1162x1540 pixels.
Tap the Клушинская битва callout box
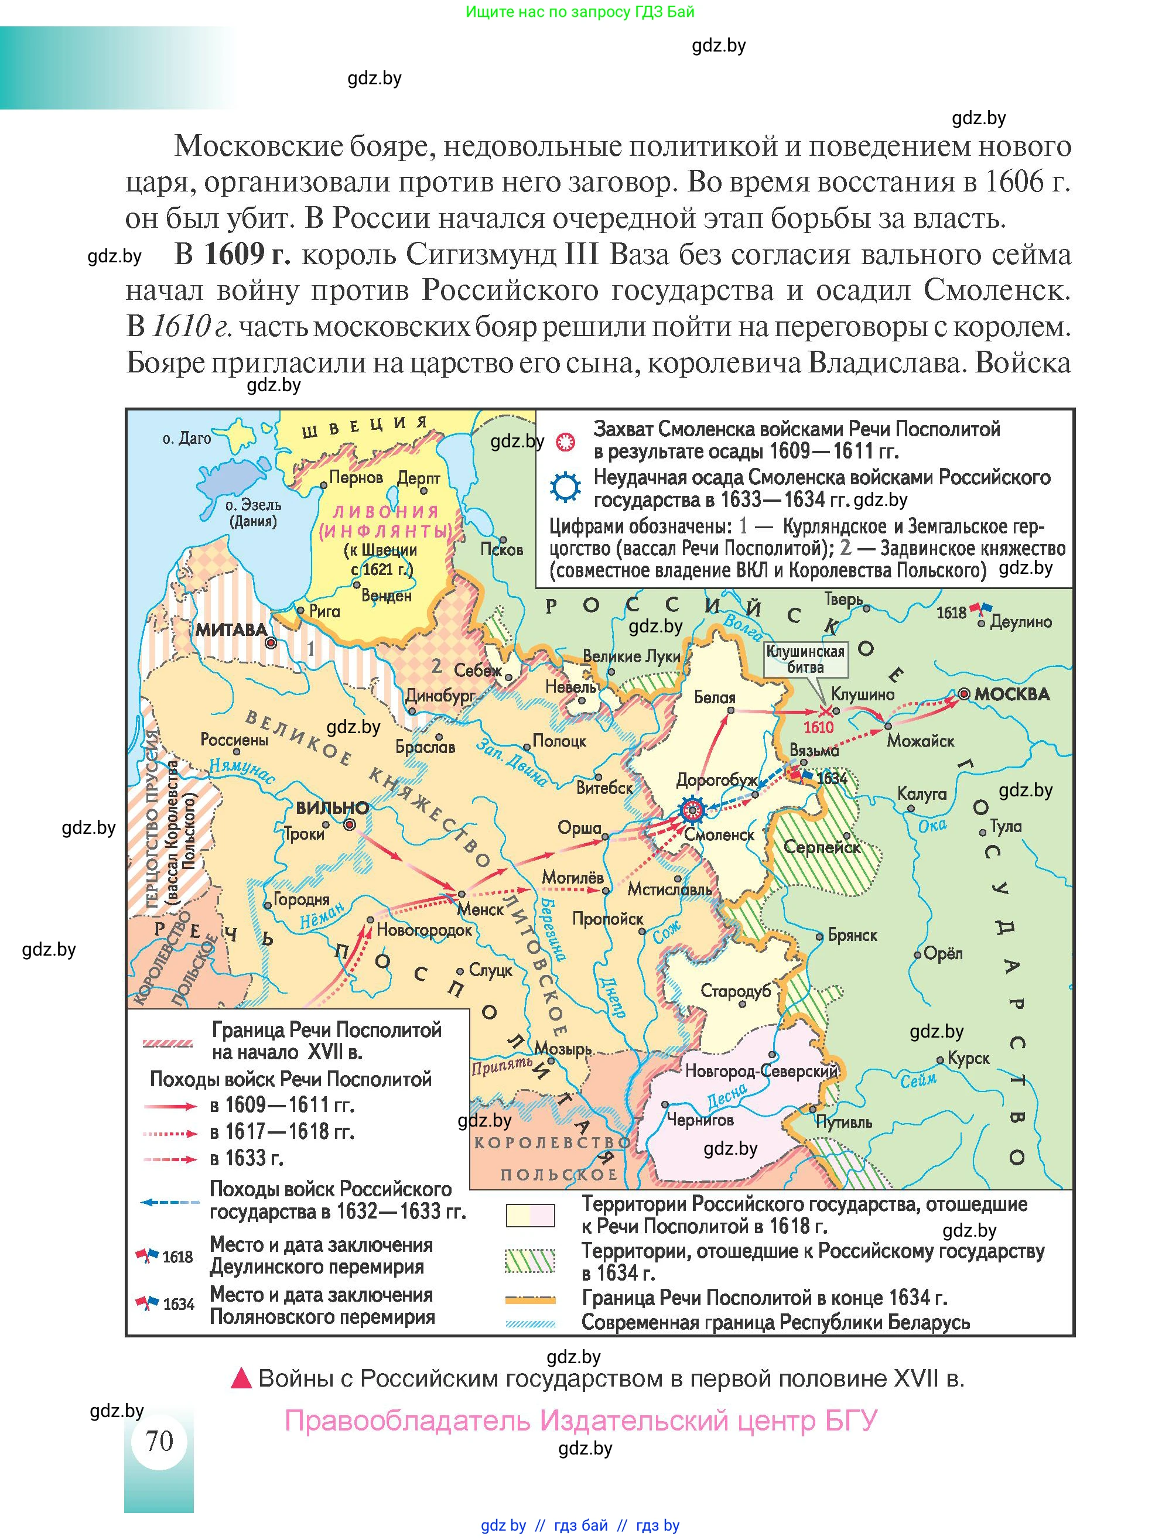click(x=805, y=659)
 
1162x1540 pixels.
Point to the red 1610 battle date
click(x=818, y=727)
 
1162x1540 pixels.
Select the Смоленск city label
click(x=719, y=835)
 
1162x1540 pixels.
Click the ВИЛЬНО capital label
click(x=332, y=808)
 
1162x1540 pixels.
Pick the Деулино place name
click(x=1021, y=622)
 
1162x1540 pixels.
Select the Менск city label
click(x=480, y=909)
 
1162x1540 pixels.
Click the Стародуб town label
click(x=735, y=991)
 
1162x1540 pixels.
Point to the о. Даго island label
click(x=186, y=439)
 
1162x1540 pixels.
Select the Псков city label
click(x=501, y=549)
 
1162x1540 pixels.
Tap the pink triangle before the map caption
click(x=241, y=1378)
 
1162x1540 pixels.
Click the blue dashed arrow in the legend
click(x=169, y=1202)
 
